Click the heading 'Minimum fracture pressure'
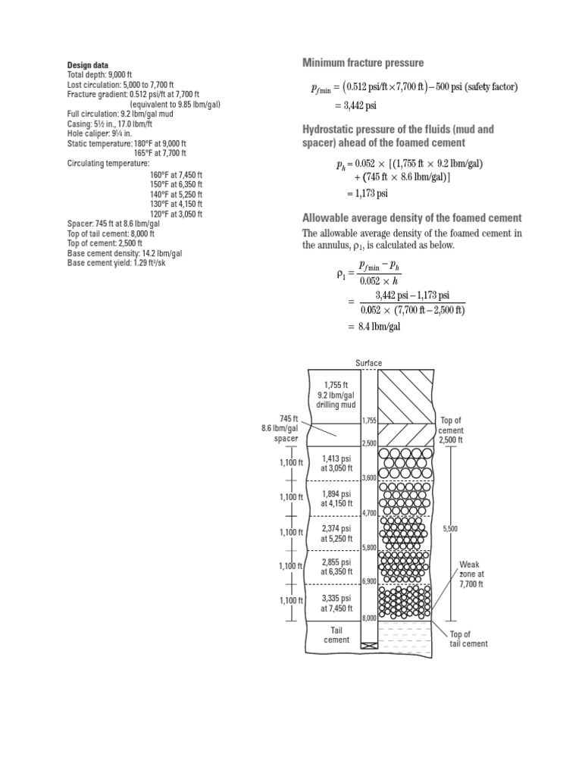pyautogui.click(x=363, y=62)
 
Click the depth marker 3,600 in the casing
pyautogui.click(x=370, y=477)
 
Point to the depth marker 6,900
pyautogui.click(x=370, y=581)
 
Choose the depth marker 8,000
pyautogui.click(x=370, y=619)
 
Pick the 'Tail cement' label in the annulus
pyautogui.click(x=336, y=634)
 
